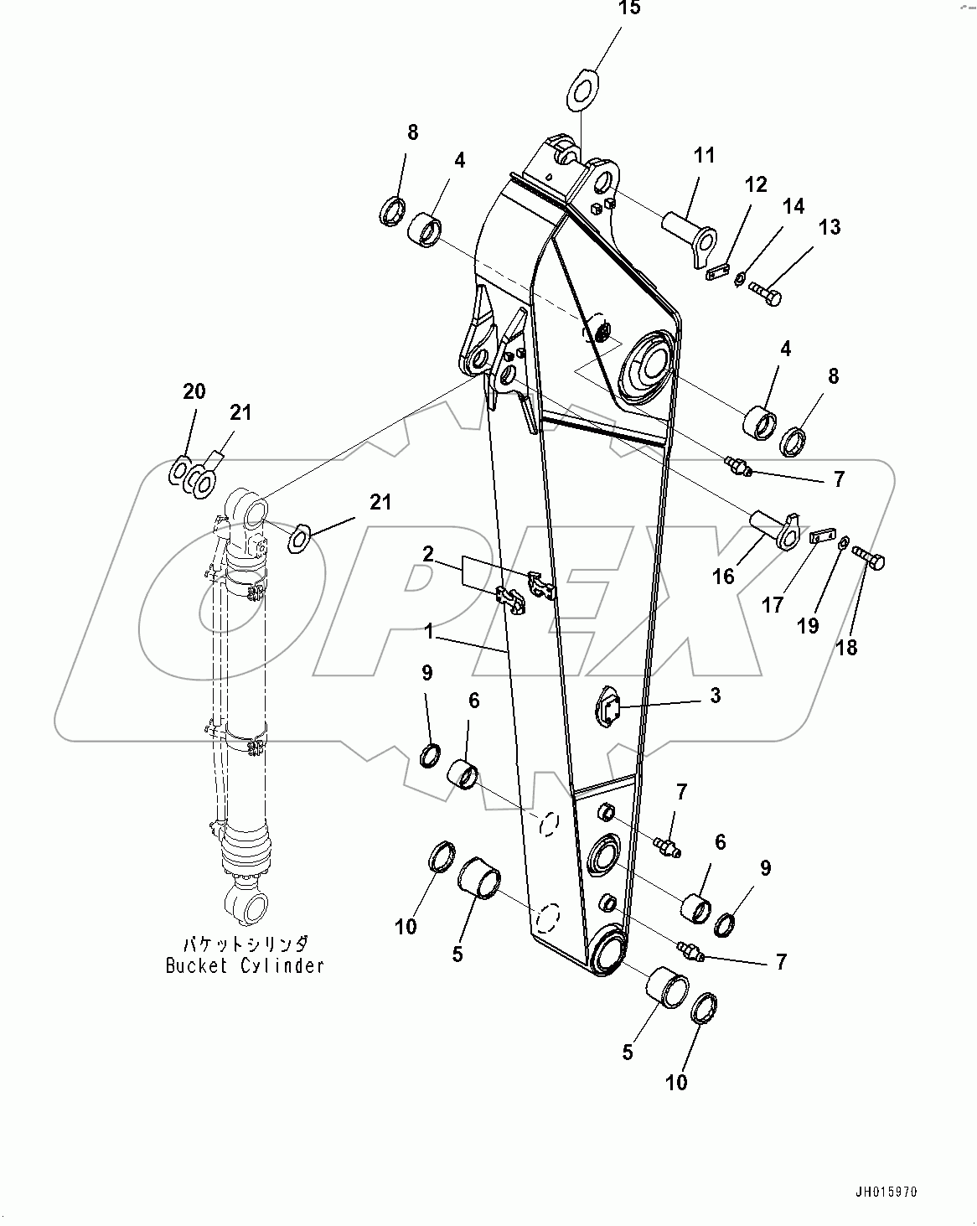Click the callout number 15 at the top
629,9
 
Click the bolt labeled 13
765,292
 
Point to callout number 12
756,184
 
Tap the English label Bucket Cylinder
245,965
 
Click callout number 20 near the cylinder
194,391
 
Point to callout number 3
715,696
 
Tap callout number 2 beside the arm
428,553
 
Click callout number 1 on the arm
428,632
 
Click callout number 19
808,626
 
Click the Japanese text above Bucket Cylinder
245,943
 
